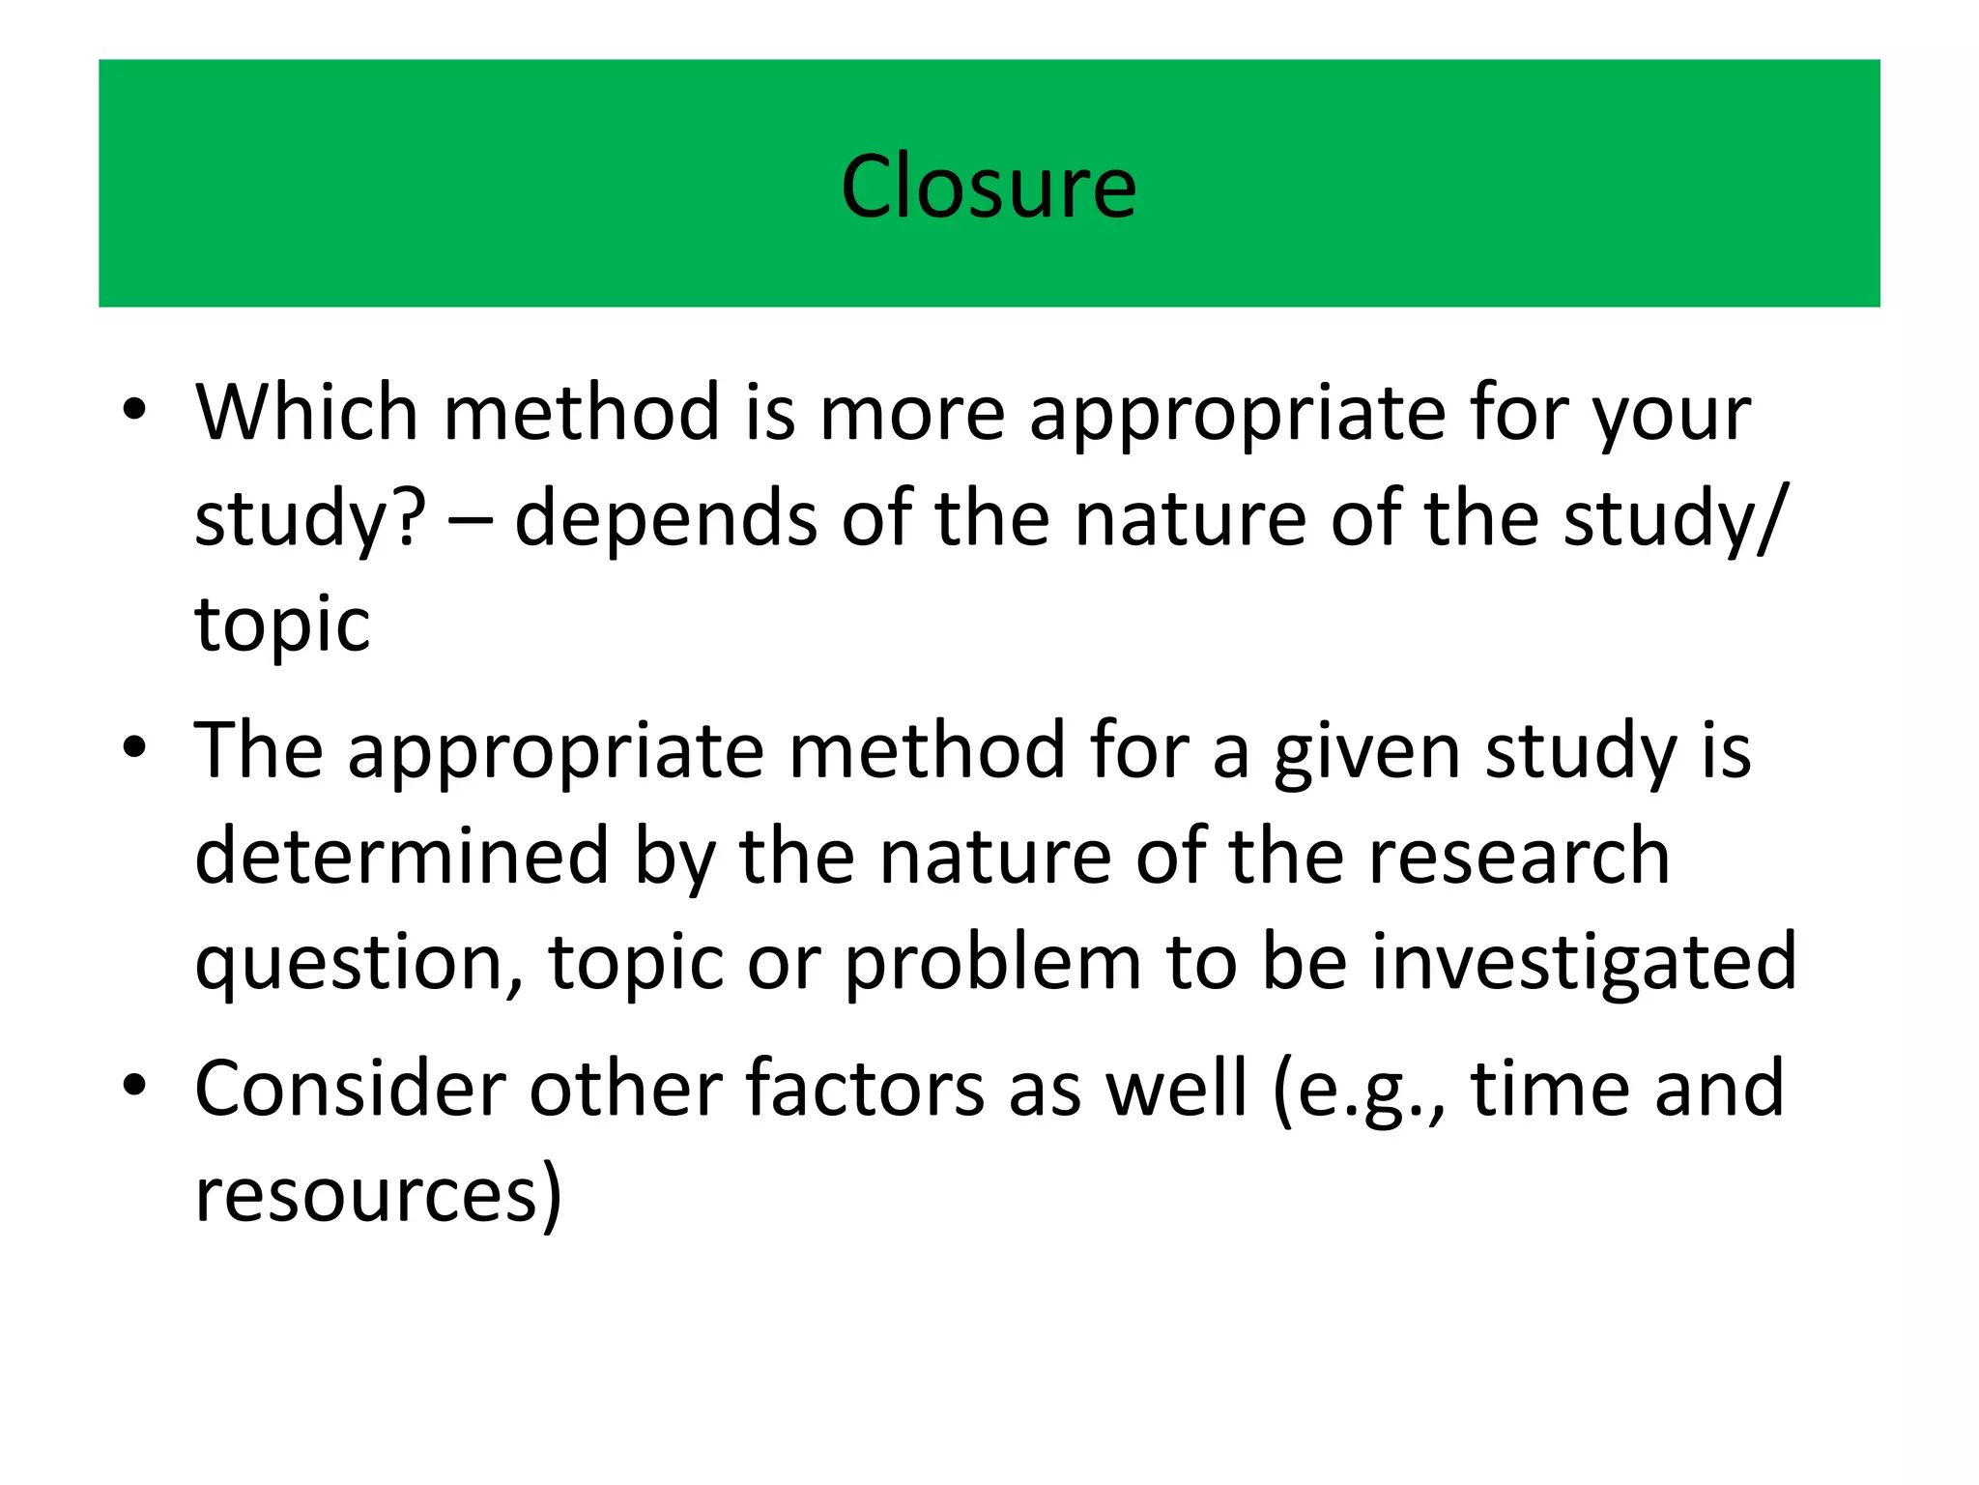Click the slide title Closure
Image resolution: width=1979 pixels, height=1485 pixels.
click(989, 186)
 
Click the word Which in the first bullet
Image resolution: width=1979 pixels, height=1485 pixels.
click(306, 412)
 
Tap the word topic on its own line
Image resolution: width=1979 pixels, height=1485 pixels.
click(282, 625)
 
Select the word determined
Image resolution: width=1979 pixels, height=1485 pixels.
click(402, 856)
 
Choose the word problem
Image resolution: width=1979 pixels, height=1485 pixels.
click(993, 963)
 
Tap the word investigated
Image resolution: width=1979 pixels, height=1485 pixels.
click(1585, 963)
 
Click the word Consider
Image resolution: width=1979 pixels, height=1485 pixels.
click(350, 1089)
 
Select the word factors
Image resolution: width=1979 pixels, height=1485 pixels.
click(865, 1089)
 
